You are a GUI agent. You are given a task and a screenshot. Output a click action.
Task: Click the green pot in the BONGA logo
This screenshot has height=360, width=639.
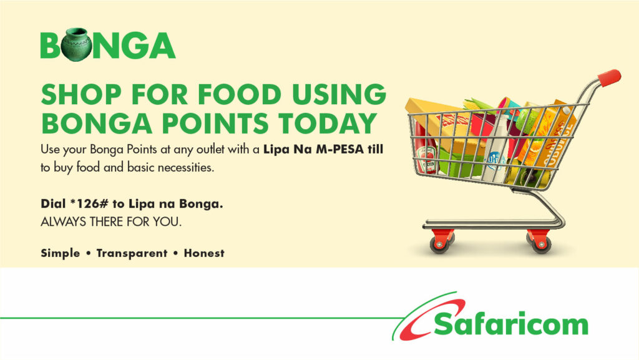(76, 45)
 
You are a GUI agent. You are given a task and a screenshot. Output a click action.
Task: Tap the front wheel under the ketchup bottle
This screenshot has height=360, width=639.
(439, 243)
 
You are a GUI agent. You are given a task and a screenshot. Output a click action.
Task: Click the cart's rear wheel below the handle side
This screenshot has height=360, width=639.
(541, 243)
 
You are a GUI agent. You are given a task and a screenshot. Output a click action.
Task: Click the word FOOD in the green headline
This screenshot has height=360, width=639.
(240, 94)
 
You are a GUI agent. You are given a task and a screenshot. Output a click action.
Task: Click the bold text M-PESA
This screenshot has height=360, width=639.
(340, 150)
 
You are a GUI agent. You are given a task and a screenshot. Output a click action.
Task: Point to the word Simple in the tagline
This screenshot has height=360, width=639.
(61, 253)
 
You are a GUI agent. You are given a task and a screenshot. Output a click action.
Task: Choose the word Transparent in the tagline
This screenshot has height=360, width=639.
(132, 253)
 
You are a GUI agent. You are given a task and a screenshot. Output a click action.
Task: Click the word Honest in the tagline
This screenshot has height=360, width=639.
(204, 253)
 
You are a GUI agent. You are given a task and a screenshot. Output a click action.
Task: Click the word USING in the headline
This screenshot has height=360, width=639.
(339, 94)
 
